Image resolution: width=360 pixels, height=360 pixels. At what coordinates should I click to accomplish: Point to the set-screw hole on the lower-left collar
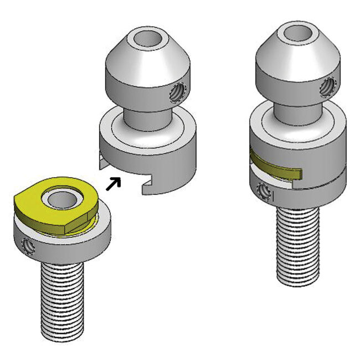(x=27, y=244)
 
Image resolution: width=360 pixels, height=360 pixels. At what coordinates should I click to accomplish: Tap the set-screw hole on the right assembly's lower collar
(x=264, y=191)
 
